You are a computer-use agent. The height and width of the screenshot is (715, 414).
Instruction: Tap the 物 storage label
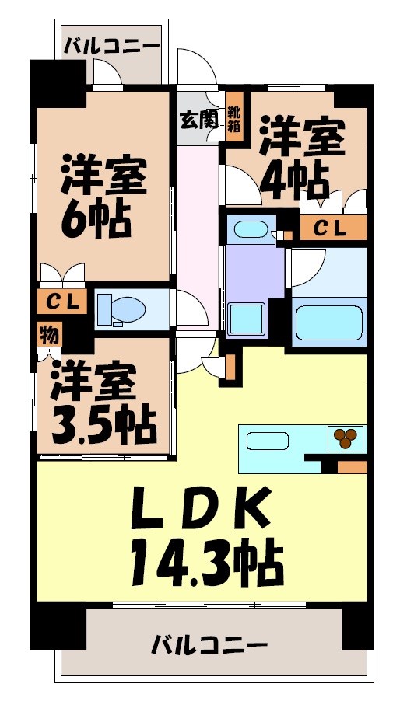(47, 336)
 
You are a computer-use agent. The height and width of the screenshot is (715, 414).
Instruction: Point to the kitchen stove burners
(346, 439)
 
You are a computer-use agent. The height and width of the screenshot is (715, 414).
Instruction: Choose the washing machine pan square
(247, 319)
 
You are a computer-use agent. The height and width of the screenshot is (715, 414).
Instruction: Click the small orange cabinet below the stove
(352, 467)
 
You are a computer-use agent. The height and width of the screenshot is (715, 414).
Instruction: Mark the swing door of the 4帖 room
(237, 183)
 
